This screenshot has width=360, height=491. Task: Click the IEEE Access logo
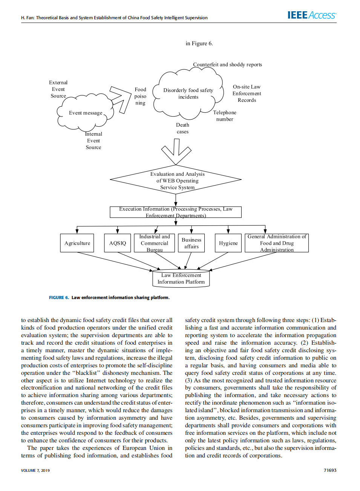tap(311, 15)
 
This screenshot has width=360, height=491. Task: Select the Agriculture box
tap(77, 243)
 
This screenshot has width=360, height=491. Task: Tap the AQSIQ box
tap(118, 243)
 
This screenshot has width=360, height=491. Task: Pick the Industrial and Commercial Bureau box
tap(155, 243)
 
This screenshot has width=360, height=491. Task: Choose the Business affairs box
tap(191, 243)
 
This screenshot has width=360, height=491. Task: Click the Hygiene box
tap(228, 243)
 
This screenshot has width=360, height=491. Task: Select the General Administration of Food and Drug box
tap(277, 243)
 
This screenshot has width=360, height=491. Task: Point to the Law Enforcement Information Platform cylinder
tap(181, 279)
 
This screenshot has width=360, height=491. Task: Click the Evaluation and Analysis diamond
tap(176, 180)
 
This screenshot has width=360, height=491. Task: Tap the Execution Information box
tap(176, 212)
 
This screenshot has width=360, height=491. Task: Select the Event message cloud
tap(86, 113)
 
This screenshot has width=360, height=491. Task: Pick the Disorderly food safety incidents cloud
tap(188, 94)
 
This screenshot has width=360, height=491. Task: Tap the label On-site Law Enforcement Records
tap(247, 94)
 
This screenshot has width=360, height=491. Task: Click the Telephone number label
tap(225, 116)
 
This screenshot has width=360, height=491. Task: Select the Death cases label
tap(182, 128)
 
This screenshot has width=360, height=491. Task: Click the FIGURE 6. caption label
tap(59, 298)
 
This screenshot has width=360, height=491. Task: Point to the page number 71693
tap(330, 470)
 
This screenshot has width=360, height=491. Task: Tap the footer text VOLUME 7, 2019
tap(35, 470)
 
